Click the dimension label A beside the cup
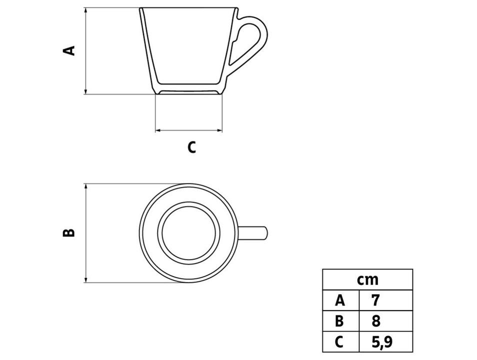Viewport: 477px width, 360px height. [69, 50]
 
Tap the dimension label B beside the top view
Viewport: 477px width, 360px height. [69, 233]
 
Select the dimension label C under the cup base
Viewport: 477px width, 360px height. [191, 147]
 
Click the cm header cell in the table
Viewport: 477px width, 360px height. [367, 279]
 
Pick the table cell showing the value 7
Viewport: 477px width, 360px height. [385, 300]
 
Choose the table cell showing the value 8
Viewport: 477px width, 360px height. [385, 321]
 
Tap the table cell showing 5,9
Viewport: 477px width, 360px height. [385, 341]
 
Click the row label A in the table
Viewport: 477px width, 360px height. [340, 300]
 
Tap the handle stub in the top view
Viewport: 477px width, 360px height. [253, 233]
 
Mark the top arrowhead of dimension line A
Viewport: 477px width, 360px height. [86, 10]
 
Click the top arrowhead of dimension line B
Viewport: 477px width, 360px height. [86, 186]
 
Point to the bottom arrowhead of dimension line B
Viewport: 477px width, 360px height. [86, 279]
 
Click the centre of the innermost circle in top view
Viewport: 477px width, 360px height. [188, 233]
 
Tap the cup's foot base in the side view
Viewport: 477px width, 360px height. [188, 92]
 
